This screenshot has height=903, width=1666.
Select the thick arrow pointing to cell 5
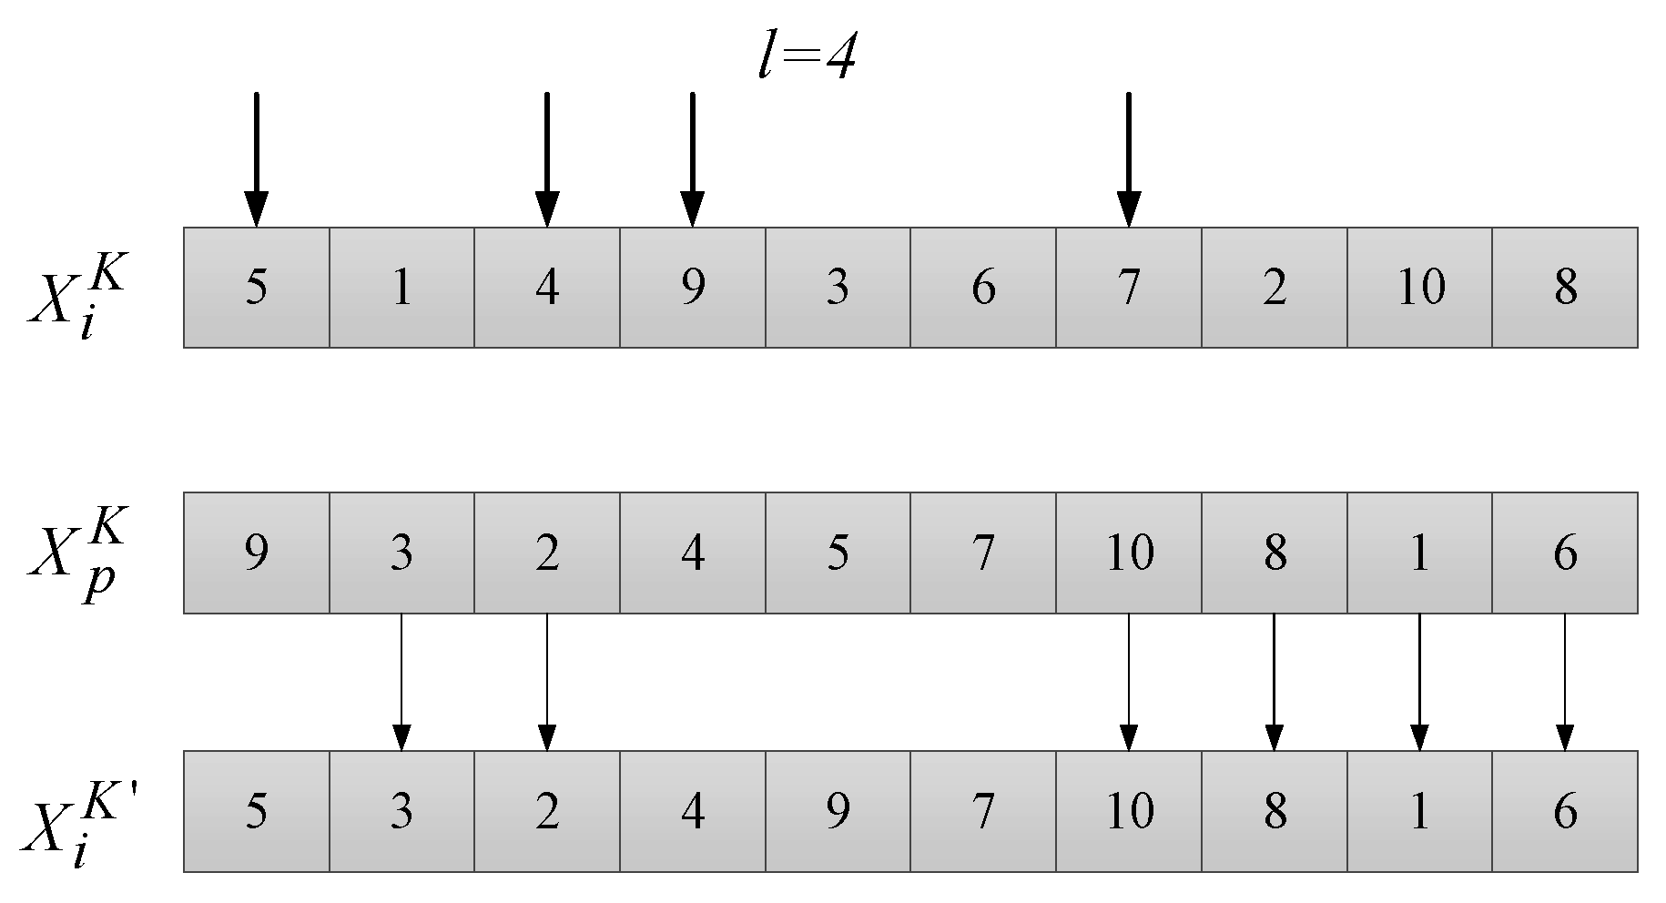257,159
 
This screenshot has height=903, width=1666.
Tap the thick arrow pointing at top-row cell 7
1128,159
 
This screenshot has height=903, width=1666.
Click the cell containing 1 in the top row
401,288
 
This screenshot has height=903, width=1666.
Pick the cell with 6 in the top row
983,288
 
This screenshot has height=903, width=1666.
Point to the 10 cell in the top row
1419,288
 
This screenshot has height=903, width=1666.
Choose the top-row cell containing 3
838,288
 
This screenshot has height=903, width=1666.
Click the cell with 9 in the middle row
257,553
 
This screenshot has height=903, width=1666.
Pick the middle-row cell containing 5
838,553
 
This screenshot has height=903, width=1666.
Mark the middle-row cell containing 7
983,553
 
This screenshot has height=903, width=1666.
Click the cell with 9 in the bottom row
838,811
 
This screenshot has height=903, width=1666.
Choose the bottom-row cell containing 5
257,811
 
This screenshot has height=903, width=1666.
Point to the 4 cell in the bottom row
693,811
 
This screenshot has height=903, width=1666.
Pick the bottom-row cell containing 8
1274,811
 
